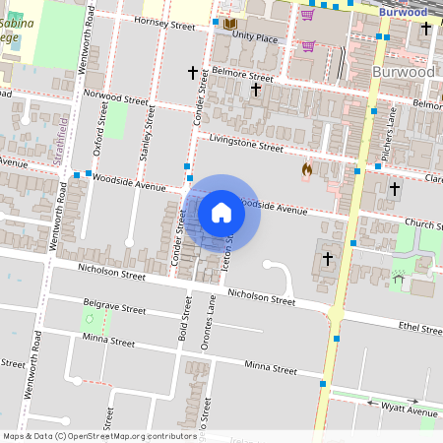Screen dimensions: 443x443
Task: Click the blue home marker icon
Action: (x=221, y=213)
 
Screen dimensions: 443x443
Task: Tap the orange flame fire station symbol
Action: (x=307, y=170)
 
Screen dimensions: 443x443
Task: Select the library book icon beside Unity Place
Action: (x=230, y=23)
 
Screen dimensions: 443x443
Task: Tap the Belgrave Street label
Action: (x=114, y=308)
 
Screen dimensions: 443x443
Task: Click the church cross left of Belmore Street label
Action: (x=193, y=72)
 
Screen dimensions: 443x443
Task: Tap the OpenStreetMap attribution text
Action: (x=99, y=435)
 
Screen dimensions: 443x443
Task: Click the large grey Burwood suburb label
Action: (x=404, y=72)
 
